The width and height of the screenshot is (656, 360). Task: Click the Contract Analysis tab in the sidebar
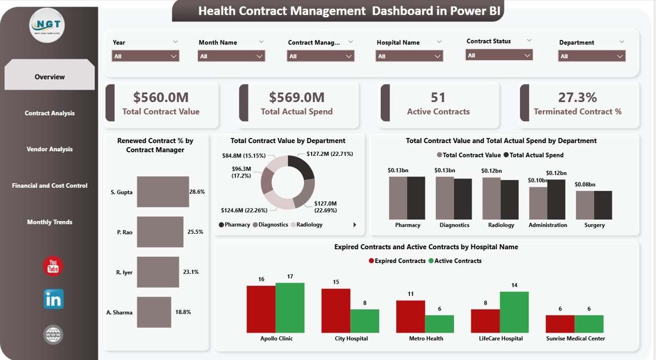pos(50,113)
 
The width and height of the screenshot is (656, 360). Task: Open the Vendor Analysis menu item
pos(50,149)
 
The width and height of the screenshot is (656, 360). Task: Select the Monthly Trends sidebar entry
pos(50,222)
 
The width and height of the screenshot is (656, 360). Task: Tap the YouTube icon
pos(53,266)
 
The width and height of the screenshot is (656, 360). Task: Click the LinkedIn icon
pos(53,299)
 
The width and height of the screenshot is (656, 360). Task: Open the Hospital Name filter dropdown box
pos(409,56)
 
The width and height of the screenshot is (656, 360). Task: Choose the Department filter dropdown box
pos(591,56)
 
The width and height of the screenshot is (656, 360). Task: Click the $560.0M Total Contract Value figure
pos(161,97)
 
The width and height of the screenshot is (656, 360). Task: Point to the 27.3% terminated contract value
pos(577,97)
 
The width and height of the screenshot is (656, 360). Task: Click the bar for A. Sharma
pos(154,312)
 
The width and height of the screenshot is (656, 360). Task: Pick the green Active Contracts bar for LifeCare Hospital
pos(514,312)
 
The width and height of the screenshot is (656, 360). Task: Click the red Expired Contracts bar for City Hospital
pos(336,310)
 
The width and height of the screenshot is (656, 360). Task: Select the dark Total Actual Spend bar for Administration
pos(556,199)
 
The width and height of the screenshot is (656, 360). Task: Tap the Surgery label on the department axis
pos(594,225)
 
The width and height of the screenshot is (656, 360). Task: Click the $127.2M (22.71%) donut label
pos(330,154)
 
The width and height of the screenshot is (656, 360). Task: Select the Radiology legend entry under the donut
pos(309,225)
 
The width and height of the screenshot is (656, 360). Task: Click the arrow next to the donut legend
pos(354,225)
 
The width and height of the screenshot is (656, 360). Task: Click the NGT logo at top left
pos(47,25)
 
